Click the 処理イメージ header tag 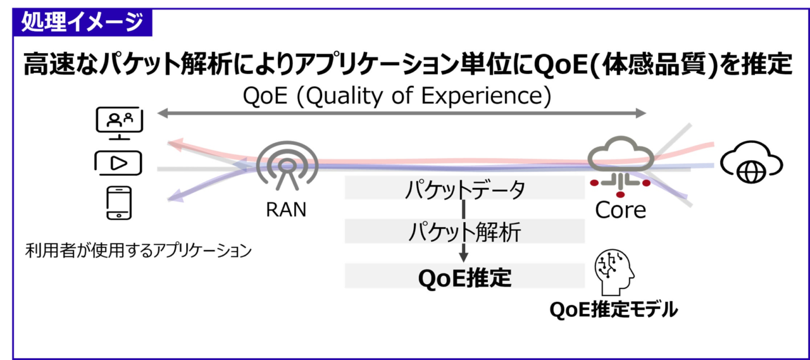coord(82,22)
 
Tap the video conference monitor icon coord(120,123)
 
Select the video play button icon coord(118,163)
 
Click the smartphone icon coord(119,202)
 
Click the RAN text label coord(286,209)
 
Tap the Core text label coord(621,209)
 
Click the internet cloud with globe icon coord(751,163)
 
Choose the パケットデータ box coord(464,187)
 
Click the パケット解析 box coord(464,231)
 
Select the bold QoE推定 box coord(464,276)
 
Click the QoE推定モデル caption coord(614,309)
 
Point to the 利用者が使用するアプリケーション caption coord(138,251)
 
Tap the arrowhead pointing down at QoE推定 coord(464,257)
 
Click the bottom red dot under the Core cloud coord(621,195)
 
